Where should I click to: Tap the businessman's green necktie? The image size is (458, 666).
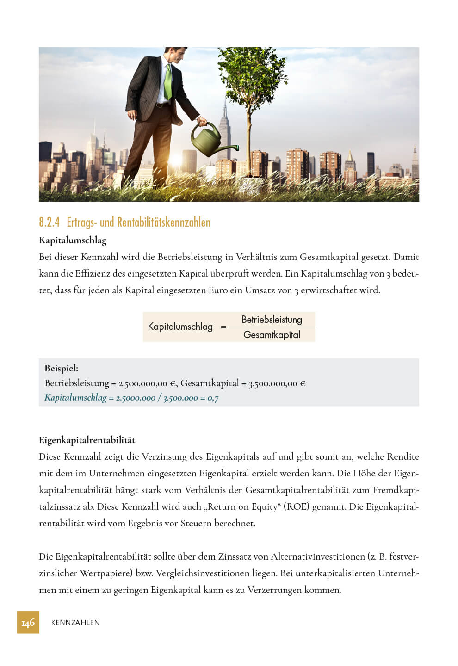pos(168,81)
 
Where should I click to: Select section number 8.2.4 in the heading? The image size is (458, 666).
pos(49,222)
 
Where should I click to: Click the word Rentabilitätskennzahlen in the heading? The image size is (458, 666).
pos(164,222)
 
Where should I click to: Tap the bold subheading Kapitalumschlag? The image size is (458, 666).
pos(73,240)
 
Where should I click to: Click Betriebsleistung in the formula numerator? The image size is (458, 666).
pos(272,320)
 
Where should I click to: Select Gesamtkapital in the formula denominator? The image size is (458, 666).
pos(272,335)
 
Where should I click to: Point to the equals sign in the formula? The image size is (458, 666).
pos(223,327)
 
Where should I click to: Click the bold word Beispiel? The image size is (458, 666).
pos(61,369)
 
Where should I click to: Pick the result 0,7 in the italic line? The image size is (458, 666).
pos(213,398)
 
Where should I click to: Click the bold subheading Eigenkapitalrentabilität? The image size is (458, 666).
pos(87,440)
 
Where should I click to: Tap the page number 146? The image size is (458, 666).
pos(28,623)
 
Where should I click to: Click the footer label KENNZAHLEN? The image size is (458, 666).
pos(75,623)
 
